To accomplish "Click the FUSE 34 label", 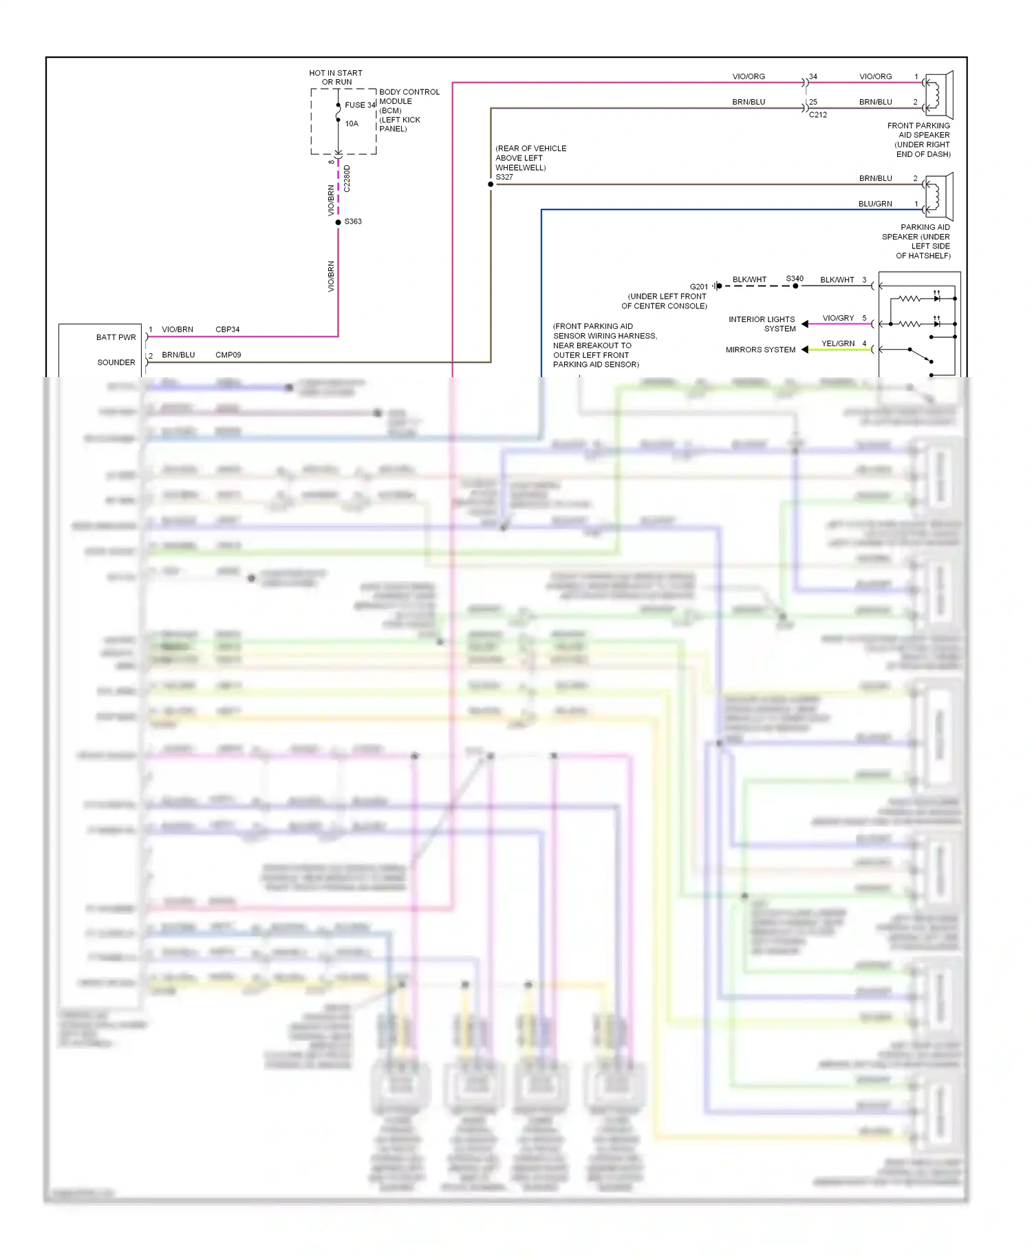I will tap(360, 105).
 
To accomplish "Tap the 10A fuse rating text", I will tap(352, 124).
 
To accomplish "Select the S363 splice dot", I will tap(338, 222).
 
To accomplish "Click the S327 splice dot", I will tap(491, 184).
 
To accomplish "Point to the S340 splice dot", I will tap(795, 286).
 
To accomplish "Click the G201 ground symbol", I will tap(717, 286).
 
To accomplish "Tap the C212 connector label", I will tap(817, 115).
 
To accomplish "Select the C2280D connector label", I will tap(347, 178).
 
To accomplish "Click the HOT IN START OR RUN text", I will tap(336, 77).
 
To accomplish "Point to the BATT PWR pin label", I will tap(116, 337).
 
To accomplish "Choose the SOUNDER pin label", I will tap(116, 363).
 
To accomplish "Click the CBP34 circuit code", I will tap(227, 330).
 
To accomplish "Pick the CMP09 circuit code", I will tap(228, 355).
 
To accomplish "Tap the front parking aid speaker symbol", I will tap(938, 95).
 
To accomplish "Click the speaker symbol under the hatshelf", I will tap(938, 196).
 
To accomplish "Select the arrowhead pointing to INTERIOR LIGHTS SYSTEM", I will tap(805, 324).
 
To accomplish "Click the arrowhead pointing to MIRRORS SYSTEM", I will tap(805, 350).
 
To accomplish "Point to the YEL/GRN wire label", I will tap(838, 343).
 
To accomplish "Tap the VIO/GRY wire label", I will tap(838, 318).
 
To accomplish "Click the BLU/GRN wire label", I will tap(875, 204).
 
